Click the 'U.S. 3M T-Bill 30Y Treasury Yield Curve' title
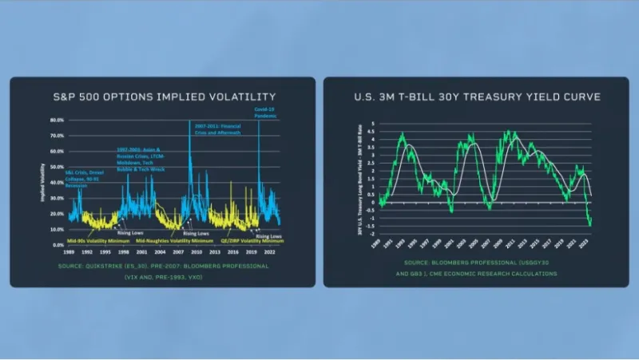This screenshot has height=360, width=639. [478, 97]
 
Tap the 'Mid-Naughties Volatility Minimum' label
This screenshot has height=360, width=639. [175, 239]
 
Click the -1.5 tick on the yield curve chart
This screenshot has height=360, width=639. [372, 226]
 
